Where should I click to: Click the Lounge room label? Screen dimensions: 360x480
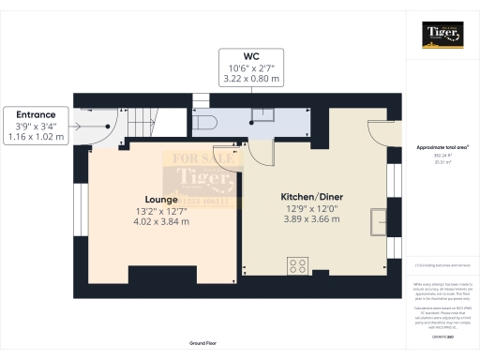137,198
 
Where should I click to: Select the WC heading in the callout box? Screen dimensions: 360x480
252,55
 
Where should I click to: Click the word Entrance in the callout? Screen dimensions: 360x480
36,113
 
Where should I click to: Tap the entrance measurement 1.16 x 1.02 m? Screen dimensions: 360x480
36,137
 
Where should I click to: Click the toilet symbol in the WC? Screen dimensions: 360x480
206,121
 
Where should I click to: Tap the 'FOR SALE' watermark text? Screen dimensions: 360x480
203,158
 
